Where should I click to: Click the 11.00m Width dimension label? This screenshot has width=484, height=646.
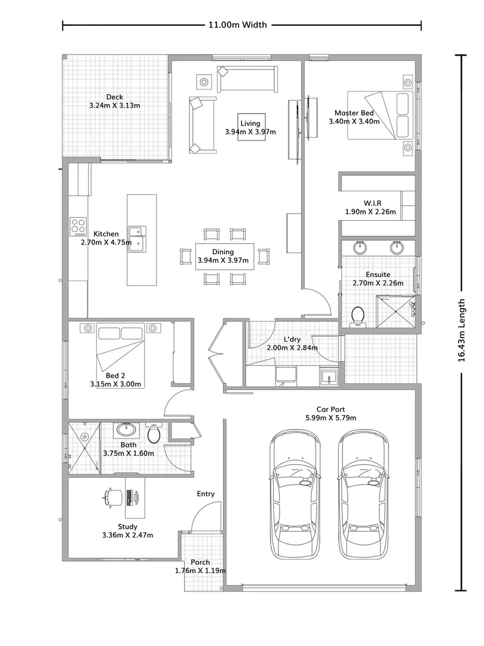pos(237,25)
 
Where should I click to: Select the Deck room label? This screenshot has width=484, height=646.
pos(114,97)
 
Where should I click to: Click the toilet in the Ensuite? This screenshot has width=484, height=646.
pos(359,316)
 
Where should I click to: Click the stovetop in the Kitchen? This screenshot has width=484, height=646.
pos(78,225)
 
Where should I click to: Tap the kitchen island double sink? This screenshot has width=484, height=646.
pos(137,238)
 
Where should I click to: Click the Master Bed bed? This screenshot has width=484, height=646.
pos(379,115)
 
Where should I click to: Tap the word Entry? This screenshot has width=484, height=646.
pos(206,493)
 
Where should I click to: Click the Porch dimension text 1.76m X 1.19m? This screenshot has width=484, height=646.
pos(200,571)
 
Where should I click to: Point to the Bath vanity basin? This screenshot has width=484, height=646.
pos(126,429)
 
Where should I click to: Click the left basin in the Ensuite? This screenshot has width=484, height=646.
pos(360,247)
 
